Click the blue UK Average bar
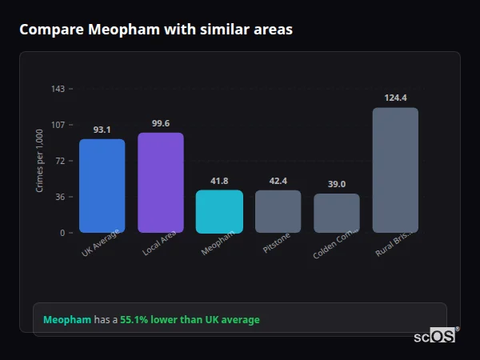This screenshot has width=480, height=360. pyautogui.click(x=102, y=186)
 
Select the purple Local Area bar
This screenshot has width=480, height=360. pyautogui.click(x=160, y=182)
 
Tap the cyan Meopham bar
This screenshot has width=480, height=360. pyautogui.click(x=219, y=211)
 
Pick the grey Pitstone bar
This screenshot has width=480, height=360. pyautogui.click(x=278, y=211)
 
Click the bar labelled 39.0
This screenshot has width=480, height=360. pyautogui.click(x=336, y=213)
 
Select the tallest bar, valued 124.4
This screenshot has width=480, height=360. pyautogui.click(x=395, y=170)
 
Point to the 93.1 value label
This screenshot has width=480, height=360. pyautogui.click(x=102, y=130)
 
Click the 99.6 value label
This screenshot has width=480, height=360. pyautogui.click(x=160, y=123)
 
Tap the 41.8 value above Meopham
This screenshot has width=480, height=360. pyautogui.click(x=219, y=181)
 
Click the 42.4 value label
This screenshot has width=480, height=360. pyautogui.click(x=278, y=181)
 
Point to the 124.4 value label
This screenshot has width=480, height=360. pyautogui.click(x=395, y=98)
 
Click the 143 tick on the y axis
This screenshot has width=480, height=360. pyautogui.click(x=58, y=89)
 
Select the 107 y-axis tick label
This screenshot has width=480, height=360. pyautogui.click(x=58, y=125)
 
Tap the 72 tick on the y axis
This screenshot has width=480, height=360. pyautogui.click(x=60, y=161)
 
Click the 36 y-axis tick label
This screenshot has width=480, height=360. pyautogui.click(x=60, y=197)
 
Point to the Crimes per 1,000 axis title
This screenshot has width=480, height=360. pyautogui.click(x=40, y=160)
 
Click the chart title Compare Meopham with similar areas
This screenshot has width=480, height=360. pyautogui.click(x=156, y=30)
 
